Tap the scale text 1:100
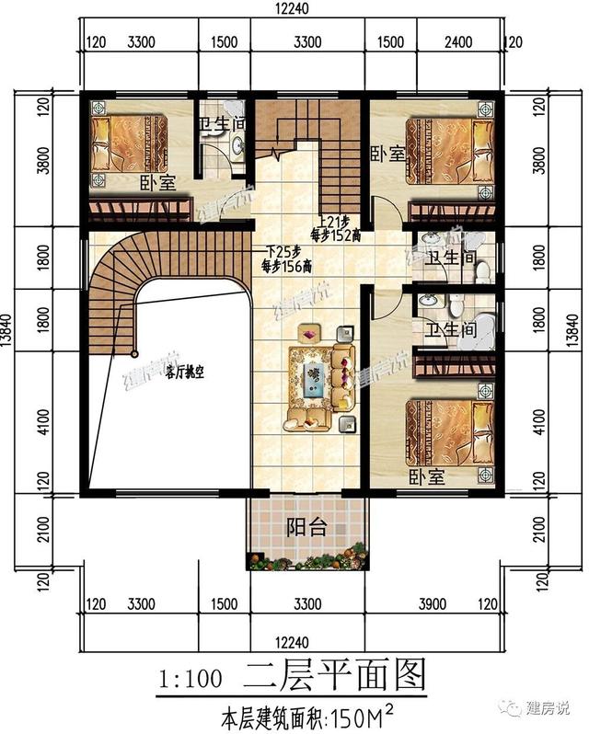click(191, 680)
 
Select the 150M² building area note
click(304, 715)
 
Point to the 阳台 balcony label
click(306, 529)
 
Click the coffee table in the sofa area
click(316, 376)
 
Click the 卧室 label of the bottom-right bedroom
click(426, 477)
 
